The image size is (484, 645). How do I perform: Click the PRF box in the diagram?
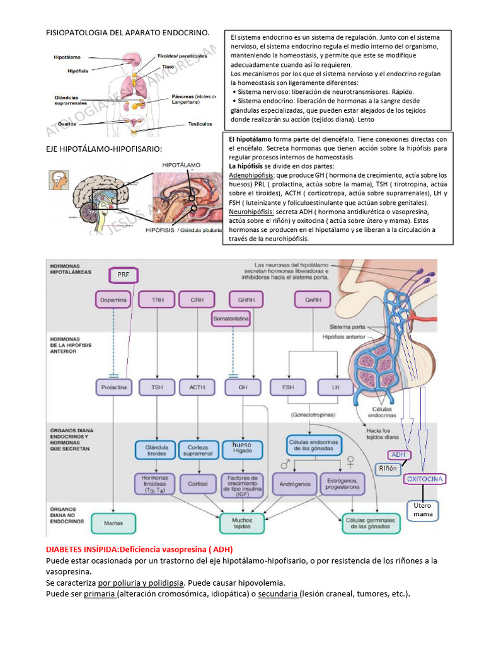[x=123, y=274]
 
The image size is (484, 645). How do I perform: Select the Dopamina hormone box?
[x=113, y=300]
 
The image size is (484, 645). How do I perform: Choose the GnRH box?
[x=313, y=300]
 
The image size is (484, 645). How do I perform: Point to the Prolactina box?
[x=113, y=387]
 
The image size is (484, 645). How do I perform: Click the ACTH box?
[x=197, y=387]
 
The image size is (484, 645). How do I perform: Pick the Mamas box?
[x=113, y=522]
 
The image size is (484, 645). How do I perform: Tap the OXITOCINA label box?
[x=425, y=479]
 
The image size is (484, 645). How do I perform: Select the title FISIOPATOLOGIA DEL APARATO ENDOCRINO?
[x=127, y=32]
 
